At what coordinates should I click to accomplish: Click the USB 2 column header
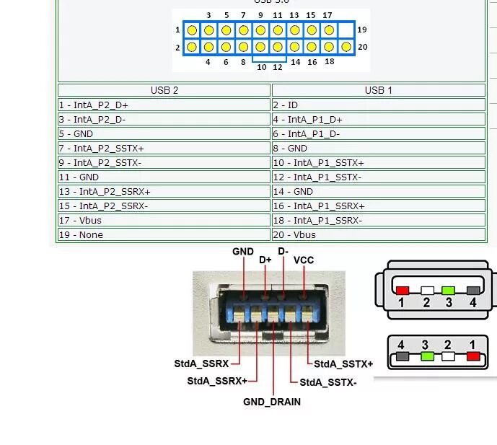(x=164, y=90)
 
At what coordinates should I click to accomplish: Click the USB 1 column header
(x=378, y=90)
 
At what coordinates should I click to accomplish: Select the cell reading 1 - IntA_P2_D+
(x=164, y=105)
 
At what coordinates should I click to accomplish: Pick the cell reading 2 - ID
(x=378, y=105)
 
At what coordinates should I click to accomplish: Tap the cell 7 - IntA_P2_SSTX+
(x=164, y=148)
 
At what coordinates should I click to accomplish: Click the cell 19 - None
(x=164, y=234)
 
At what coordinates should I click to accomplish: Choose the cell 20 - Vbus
(x=378, y=234)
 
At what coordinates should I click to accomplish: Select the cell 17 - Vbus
(x=164, y=220)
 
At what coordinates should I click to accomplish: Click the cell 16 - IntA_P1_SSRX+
(x=378, y=206)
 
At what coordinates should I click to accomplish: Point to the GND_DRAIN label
(x=271, y=402)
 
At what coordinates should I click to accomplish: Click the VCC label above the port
(x=304, y=260)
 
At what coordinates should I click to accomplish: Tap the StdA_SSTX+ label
(x=343, y=364)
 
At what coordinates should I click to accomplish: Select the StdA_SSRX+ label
(x=217, y=381)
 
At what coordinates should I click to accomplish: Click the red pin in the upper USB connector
(x=403, y=290)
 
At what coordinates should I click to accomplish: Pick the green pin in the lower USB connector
(x=426, y=356)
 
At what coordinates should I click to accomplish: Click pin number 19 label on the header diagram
(x=361, y=30)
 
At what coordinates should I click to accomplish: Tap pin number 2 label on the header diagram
(x=177, y=48)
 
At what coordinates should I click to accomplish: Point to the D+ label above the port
(x=265, y=260)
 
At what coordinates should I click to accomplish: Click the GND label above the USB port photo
(x=243, y=252)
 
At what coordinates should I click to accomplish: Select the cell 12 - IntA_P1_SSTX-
(x=378, y=177)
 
